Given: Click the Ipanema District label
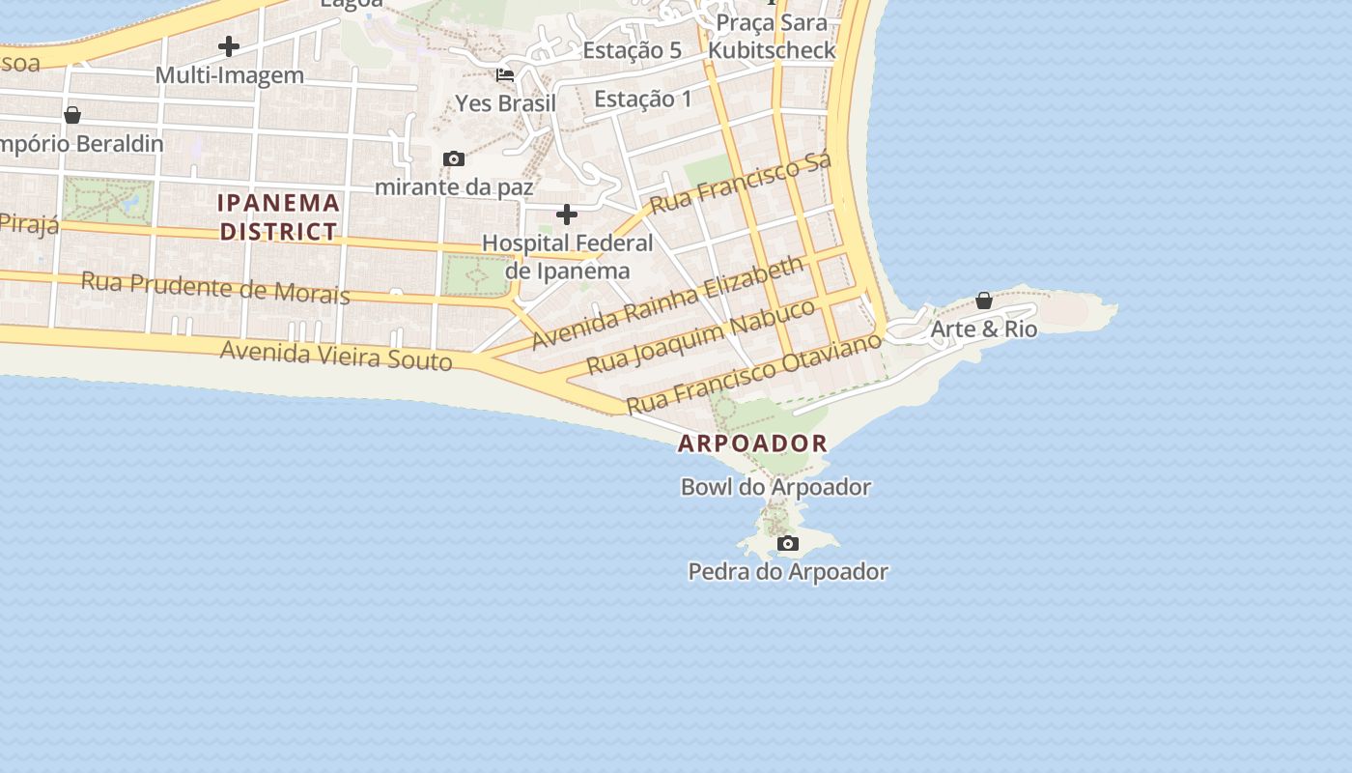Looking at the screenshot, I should pos(279,217).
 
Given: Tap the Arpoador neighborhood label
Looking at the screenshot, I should pos(752,444).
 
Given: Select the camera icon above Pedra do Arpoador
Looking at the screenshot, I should pos(788,544).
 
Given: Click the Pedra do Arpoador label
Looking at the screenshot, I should pos(787,572).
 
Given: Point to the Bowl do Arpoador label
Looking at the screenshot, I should pos(775,487).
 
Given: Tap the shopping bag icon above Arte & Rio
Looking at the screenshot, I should pos(983,301).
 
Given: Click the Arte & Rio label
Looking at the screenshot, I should pos(983,329).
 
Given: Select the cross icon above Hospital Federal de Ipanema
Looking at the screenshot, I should pos(567,215).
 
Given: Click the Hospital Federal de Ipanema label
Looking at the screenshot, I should pos(567,257).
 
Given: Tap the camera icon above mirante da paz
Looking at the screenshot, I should pos(453,159).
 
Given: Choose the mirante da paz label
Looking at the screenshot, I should pos(453,186).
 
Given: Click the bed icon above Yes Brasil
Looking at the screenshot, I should pos(505,75).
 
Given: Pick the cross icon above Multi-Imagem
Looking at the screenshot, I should pos(229,46).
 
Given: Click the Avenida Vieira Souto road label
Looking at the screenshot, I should pos(336,356).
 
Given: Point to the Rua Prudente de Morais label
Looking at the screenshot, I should pos(215,287).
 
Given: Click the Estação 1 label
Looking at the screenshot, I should pos(642,99).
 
